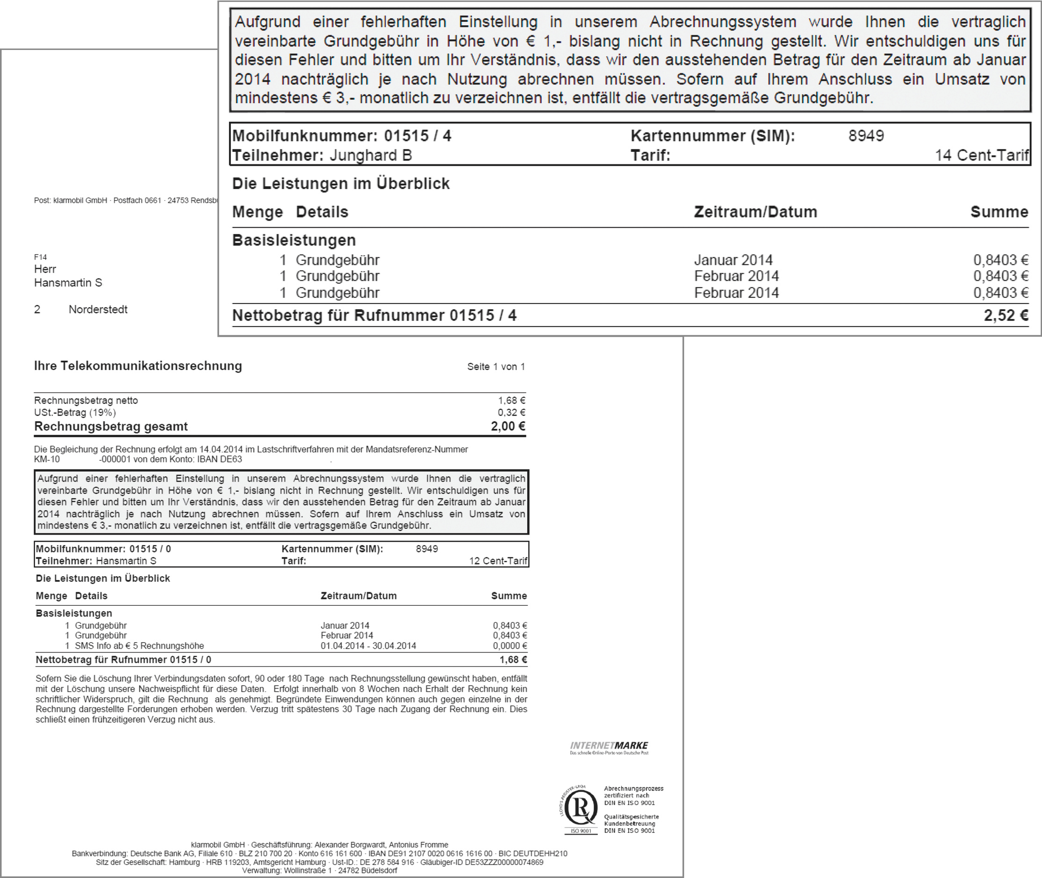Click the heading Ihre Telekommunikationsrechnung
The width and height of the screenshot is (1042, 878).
tap(138, 366)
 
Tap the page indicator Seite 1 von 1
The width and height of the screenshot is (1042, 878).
tap(496, 367)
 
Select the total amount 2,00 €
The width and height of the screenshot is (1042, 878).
tap(508, 426)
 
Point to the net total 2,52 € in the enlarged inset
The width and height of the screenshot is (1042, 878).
tap(1006, 315)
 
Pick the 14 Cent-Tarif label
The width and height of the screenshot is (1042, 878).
tap(981, 156)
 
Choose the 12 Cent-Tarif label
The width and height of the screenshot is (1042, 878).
tap(497, 561)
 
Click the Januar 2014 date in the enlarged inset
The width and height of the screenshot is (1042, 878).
tap(733, 260)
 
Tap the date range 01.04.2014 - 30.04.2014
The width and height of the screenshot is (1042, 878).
tap(368, 645)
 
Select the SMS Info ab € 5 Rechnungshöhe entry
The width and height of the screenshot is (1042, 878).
tap(139, 645)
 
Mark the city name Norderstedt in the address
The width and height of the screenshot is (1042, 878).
tap(98, 309)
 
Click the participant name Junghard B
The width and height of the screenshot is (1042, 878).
tap(371, 156)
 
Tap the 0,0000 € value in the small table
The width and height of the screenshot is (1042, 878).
tap(510, 645)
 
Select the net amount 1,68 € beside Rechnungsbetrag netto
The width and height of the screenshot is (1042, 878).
tap(511, 400)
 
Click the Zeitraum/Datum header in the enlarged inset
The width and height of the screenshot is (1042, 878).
tap(755, 212)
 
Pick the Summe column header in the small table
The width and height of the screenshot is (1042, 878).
tap(509, 596)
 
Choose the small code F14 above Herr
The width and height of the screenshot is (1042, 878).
tap(40, 257)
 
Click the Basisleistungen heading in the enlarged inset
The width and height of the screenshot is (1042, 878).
tap(294, 240)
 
